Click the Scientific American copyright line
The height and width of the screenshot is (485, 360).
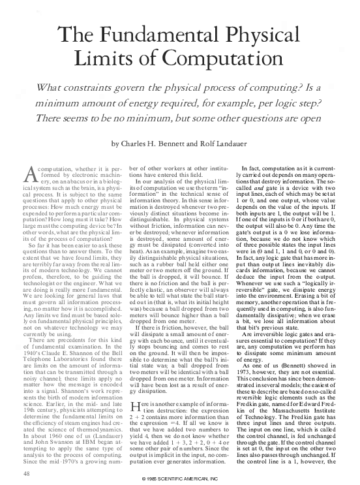click(x=179, y=479)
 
